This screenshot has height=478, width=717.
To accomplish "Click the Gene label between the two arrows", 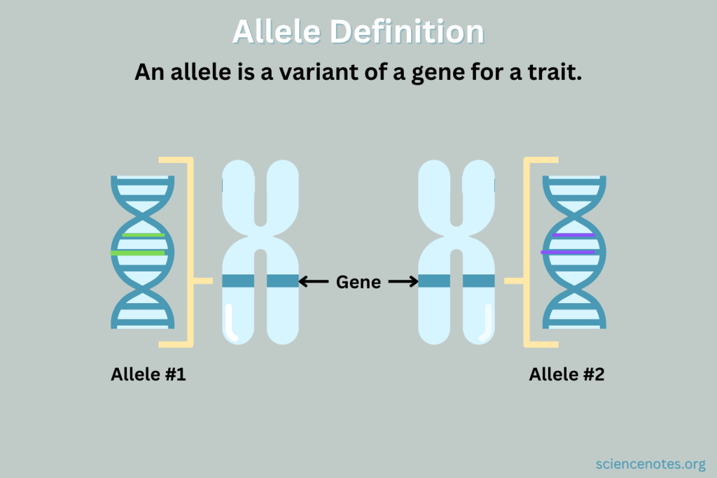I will pos(358,282).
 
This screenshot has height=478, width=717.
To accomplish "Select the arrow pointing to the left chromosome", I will pos(314,281).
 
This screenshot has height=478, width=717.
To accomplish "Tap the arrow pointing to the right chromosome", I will pos(403,281).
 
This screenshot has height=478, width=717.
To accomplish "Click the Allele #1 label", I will pos(148,374).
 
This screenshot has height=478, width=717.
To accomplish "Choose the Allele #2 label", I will pos(566,374).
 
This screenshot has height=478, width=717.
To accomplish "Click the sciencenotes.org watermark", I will pos(650,464).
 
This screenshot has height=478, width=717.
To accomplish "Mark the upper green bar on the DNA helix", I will pos(144,235).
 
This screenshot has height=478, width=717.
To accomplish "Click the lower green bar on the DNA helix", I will pos(138,253).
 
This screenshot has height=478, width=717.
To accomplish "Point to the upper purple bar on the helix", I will pos(573,235).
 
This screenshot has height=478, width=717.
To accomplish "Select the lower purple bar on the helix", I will pos(568,252).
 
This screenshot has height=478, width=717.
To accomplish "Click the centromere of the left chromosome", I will pos(260,238).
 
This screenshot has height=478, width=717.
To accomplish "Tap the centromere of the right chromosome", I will pos(457,238).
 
